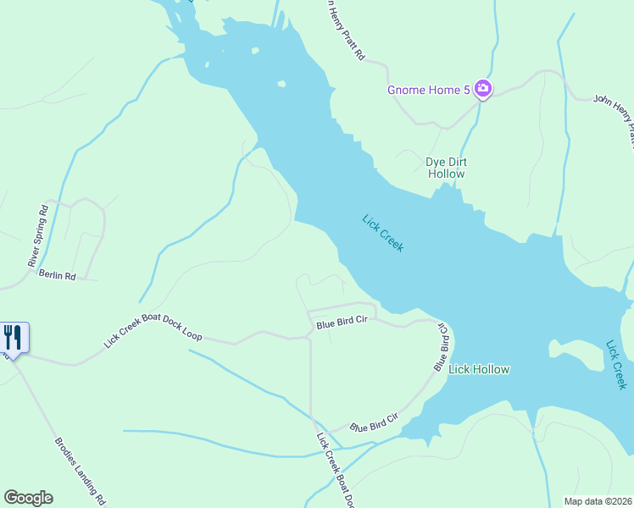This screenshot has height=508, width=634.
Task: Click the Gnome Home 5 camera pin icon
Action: coord(482,88)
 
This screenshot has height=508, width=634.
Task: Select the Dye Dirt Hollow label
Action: coord(446,168)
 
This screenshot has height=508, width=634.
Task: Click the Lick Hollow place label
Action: coord(479,369)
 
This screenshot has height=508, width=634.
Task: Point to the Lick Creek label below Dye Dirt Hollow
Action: coord(383,233)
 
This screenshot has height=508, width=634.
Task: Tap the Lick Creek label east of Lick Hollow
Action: coord(616,365)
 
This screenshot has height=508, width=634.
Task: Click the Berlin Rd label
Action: coord(57,276)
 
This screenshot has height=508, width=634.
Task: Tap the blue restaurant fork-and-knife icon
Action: coord(13,337)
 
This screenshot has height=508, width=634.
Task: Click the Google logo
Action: coord(28,498)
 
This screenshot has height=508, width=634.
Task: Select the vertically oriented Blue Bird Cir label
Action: coord(442,345)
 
